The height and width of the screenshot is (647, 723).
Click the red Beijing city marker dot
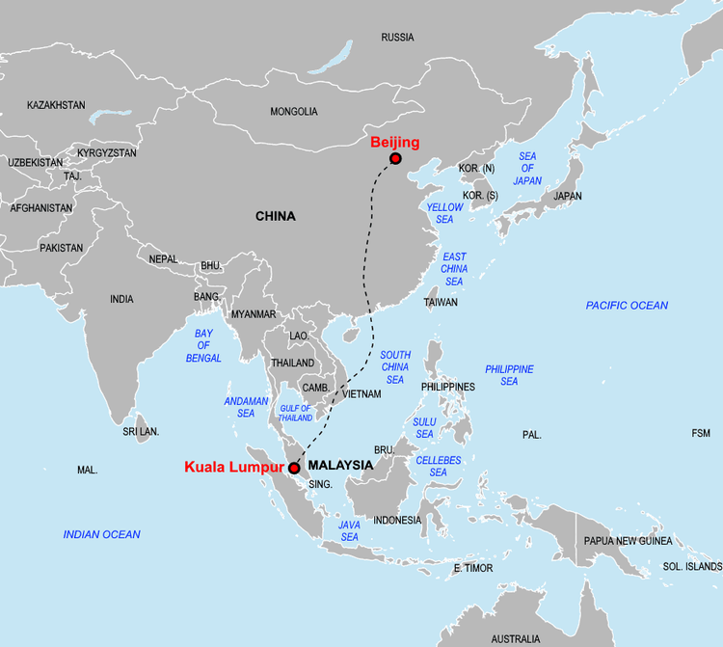(395, 158)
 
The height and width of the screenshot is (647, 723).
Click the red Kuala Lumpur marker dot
(293, 468)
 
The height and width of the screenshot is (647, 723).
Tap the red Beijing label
(395, 143)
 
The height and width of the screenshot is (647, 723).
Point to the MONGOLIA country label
(294, 112)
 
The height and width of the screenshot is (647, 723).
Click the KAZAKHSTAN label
(56, 105)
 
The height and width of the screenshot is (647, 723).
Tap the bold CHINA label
(276, 217)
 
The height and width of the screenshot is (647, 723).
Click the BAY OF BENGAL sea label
(203, 346)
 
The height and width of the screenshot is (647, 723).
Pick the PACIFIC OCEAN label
(627, 306)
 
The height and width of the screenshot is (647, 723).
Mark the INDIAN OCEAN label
(101, 534)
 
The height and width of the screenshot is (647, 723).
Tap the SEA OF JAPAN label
(527, 169)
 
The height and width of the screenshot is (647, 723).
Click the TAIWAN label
(441, 302)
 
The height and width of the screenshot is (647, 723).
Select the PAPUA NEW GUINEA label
(628, 541)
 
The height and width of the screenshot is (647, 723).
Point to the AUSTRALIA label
(516, 638)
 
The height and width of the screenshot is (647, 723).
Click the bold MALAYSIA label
(340, 465)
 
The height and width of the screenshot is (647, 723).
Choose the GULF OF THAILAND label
(296, 413)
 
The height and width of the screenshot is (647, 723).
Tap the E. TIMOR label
(473, 569)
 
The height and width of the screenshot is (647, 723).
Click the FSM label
(701, 434)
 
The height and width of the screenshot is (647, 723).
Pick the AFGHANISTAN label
(41, 208)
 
